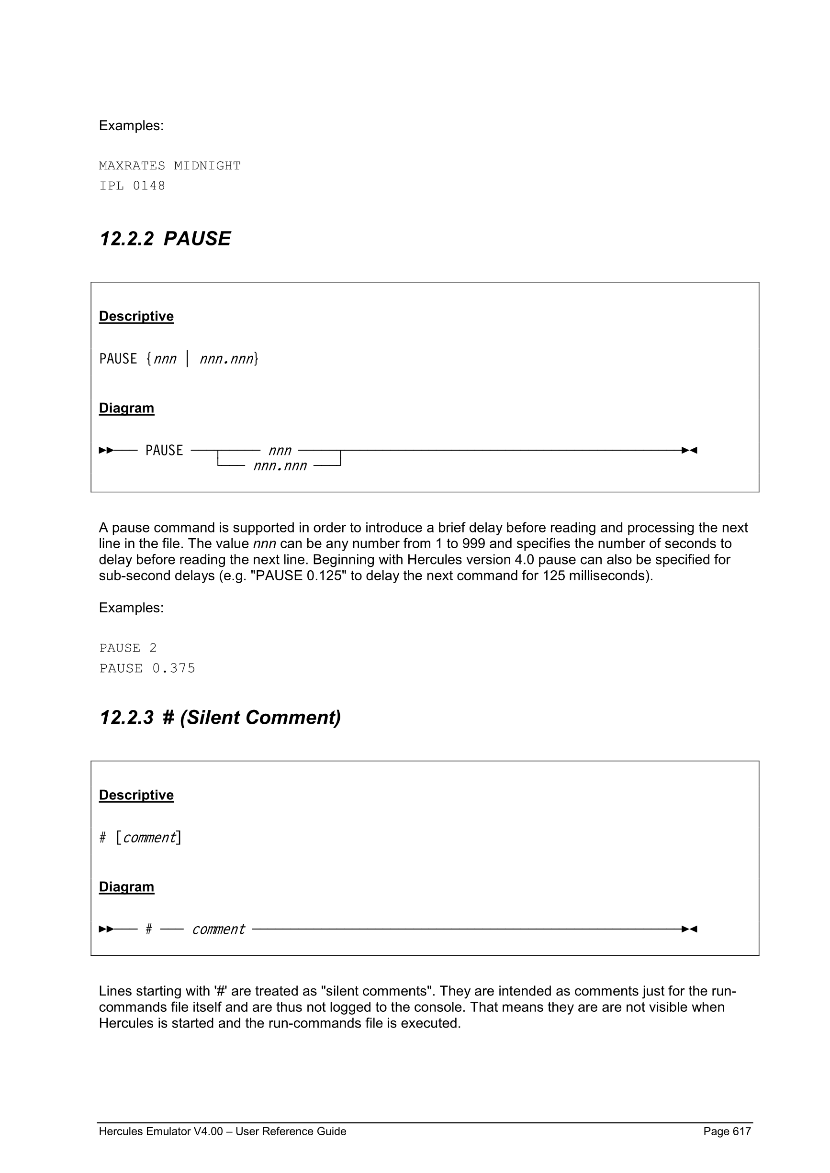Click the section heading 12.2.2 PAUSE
[x=165, y=239]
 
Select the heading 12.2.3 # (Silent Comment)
[x=220, y=717]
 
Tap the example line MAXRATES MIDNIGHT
[x=169, y=166]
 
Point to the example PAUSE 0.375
[x=147, y=668]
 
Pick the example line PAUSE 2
[x=128, y=648]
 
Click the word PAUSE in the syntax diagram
[x=164, y=451]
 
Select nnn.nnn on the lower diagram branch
[x=280, y=466]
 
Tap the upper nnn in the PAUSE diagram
[x=280, y=451]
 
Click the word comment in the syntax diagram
[x=218, y=930]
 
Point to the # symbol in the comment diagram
[x=149, y=930]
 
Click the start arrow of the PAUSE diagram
[x=106, y=450]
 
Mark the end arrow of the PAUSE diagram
[x=689, y=450]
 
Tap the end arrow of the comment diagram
[x=689, y=929]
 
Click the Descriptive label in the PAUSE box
[x=136, y=316]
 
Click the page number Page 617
[x=727, y=1131]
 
